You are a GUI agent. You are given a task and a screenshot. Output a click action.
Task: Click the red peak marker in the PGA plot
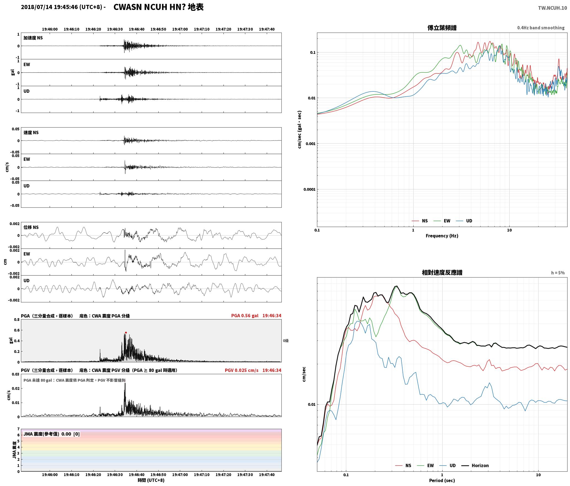coord(126,333)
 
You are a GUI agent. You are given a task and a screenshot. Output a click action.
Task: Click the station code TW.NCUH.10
coord(552,8)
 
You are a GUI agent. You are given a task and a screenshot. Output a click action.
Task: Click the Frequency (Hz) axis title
coord(442,236)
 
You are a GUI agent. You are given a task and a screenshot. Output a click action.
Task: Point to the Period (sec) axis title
coord(442,480)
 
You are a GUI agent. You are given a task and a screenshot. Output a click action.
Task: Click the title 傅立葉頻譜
coord(442,28)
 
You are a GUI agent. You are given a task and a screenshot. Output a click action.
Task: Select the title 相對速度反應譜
coord(442,272)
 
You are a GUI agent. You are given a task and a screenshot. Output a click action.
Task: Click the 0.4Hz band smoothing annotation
coord(541,28)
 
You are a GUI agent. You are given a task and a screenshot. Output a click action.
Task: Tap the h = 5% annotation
coord(558,273)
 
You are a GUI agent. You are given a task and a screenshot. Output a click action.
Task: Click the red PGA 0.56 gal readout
coord(245,315)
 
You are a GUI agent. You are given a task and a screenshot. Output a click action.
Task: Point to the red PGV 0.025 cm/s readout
coord(242,370)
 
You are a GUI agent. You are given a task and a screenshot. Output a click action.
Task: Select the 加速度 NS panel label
coord(33,38)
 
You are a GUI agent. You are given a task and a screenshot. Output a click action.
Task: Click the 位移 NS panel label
coord(31,227)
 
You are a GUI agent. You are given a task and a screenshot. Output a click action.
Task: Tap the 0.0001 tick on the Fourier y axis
coord(309,189)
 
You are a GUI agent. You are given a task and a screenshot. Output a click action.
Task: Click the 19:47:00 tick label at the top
coord(180,29)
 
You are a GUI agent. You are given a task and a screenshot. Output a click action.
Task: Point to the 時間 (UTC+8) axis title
coord(151,480)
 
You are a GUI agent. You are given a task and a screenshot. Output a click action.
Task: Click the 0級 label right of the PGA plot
coord(286,341)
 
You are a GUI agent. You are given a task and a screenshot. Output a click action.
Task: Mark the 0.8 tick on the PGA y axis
coord(17,320)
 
